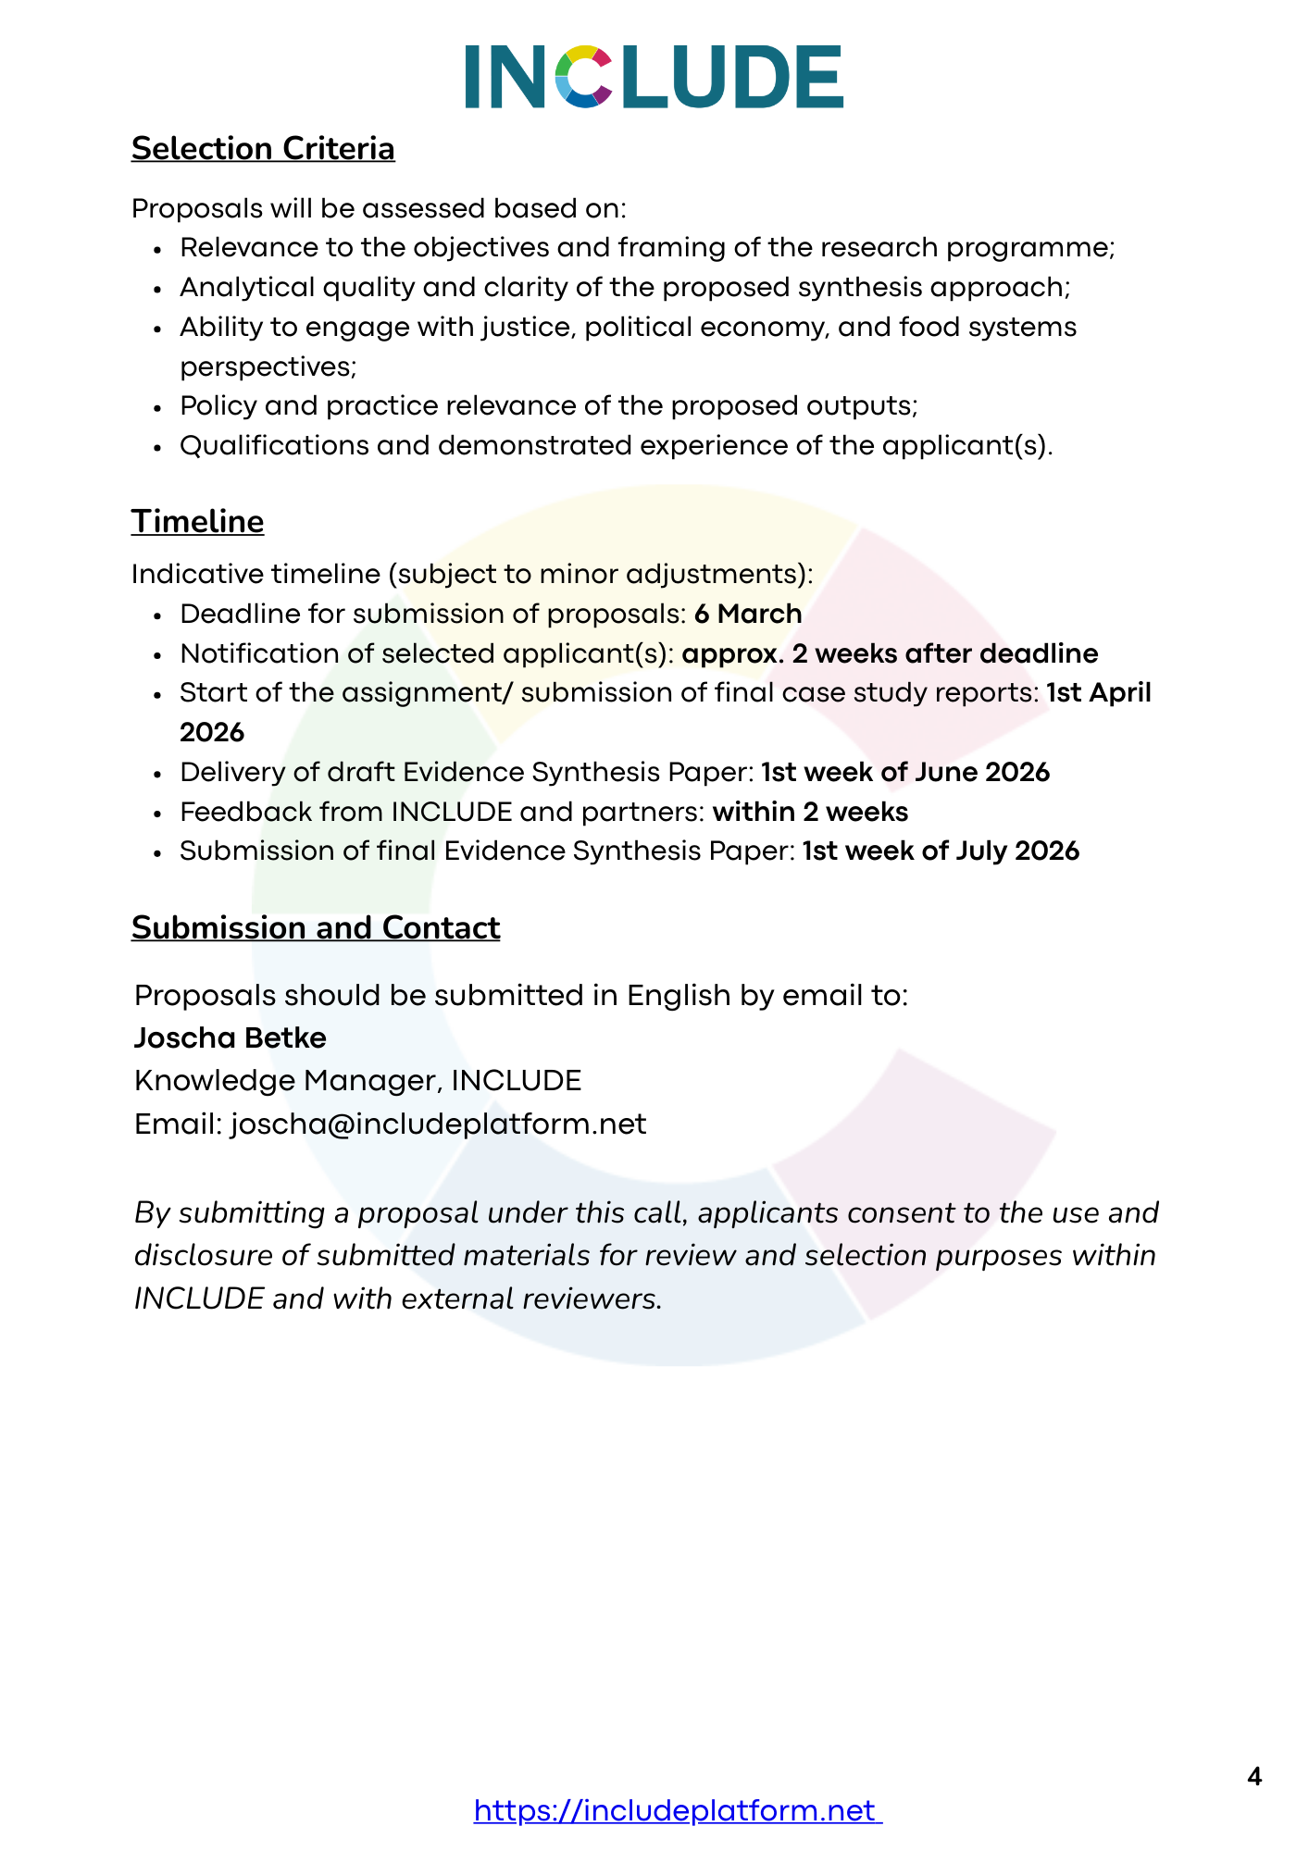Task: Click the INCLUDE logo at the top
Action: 654,77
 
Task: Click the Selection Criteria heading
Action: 263,149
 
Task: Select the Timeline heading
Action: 197,522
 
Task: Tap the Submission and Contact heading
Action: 316,928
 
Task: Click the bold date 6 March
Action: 748,615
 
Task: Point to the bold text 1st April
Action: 1099,693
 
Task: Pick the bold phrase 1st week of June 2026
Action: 905,773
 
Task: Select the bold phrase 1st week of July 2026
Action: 941,851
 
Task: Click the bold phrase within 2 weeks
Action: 810,813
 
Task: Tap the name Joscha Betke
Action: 231,1038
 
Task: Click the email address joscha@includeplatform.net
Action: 438,1124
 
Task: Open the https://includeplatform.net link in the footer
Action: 678,1810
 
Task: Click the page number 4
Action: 1254,1777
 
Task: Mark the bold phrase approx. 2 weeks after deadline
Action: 890,654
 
